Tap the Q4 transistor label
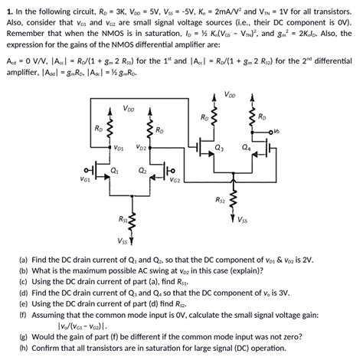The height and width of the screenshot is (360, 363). pyautogui.click(x=245, y=146)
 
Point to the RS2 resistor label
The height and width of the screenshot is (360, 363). pyautogui.click(x=220, y=201)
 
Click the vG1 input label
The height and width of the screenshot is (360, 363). pyautogui.click(x=84, y=180)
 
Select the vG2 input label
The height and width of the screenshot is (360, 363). pyautogui.click(x=175, y=180)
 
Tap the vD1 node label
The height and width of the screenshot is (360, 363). pyautogui.click(x=119, y=146)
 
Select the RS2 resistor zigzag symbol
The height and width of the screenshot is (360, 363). pyautogui.click(x=234, y=201)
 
